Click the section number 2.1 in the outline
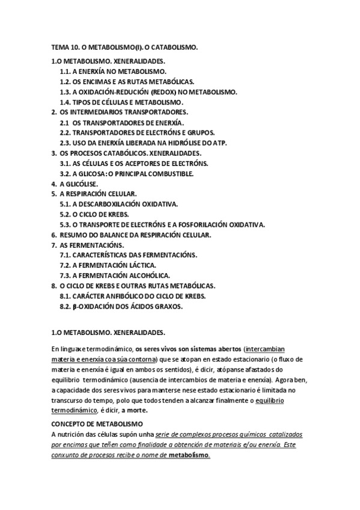point(65,122)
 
